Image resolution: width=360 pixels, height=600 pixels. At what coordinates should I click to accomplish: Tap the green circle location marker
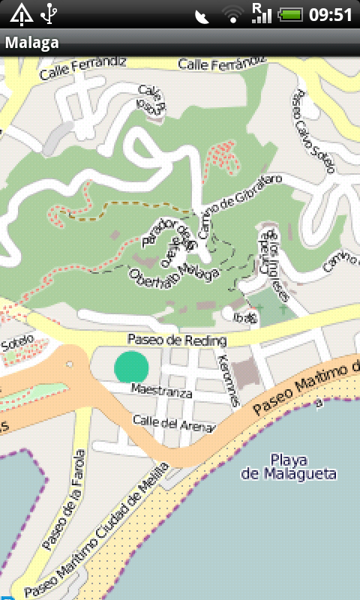(x=132, y=366)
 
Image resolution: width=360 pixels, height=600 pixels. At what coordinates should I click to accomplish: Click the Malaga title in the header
(x=32, y=43)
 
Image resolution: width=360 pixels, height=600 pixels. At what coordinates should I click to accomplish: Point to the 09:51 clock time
(x=331, y=14)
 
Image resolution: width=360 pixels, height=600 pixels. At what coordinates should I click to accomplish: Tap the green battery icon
(x=290, y=14)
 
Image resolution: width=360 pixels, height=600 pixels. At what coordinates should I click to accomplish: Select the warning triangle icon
(x=20, y=13)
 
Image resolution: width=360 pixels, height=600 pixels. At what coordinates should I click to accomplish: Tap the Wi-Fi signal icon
(x=233, y=14)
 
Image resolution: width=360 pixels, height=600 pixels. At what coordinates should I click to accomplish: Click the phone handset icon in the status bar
(x=202, y=16)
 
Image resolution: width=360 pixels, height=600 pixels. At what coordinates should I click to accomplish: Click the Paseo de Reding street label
(x=176, y=340)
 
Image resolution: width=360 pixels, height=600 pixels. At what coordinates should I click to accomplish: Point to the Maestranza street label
(x=161, y=391)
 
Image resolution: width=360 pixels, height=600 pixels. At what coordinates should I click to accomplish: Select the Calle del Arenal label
(x=173, y=424)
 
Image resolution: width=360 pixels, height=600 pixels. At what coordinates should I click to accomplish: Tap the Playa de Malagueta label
(x=289, y=466)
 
